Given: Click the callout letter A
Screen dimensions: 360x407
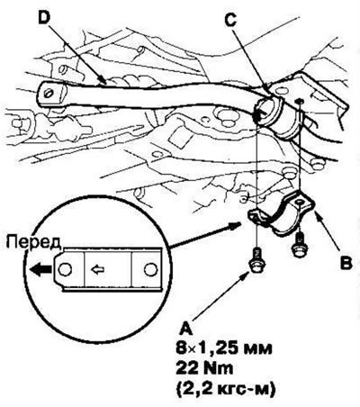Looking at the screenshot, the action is [186, 329].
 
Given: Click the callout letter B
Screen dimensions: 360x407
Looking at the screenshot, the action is [346, 263].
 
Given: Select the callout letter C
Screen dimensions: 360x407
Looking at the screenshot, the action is [231, 20].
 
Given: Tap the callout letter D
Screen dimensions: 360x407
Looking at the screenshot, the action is [44, 19].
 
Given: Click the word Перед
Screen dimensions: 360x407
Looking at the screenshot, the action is [33, 242].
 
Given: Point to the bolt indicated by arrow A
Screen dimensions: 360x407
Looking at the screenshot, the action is [256, 260].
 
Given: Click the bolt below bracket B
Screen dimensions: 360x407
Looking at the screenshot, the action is [300, 245].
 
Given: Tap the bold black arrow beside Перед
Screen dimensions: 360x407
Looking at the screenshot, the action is [40, 269].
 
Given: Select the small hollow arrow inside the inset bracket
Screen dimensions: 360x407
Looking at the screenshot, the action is [98, 270].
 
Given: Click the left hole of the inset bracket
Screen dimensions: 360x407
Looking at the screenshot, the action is [65, 269].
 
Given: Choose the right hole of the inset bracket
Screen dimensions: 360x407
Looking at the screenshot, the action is [149, 269].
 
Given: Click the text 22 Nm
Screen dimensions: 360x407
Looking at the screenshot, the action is [204, 369].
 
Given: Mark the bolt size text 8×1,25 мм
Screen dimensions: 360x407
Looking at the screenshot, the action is [224, 348].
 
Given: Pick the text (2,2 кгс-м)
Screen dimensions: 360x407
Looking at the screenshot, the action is [226, 389].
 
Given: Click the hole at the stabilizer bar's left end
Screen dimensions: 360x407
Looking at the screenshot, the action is [48, 93].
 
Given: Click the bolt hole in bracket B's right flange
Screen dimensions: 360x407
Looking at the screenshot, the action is [299, 203].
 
